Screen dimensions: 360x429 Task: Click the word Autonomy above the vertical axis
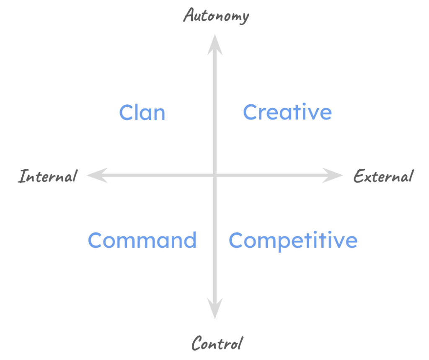click(216, 16)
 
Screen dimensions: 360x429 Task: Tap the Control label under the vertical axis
click(217, 344)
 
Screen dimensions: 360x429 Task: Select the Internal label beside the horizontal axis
click(47, 176)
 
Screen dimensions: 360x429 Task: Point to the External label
click(383, 176)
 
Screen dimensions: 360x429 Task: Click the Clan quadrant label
click(142, 113)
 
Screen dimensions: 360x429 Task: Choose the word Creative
click(287, 112)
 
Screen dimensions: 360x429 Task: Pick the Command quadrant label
click(142, 241)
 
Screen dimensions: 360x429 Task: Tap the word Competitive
click(293, 241)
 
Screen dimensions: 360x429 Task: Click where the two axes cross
click(215, 175)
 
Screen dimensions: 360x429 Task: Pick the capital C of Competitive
click(237, 241)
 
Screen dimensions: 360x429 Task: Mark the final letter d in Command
click(191, 240)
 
